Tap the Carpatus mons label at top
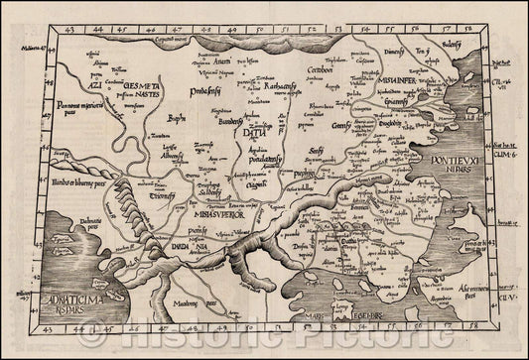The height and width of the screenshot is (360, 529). point(175,38)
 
